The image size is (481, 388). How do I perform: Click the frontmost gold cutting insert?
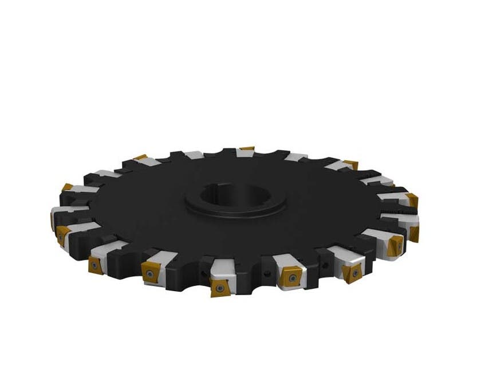(220, 287)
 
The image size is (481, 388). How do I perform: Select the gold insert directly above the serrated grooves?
(412, 200)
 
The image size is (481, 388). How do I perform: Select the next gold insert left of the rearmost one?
(140, 157)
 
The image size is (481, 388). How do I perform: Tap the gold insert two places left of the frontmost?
(96, 265)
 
